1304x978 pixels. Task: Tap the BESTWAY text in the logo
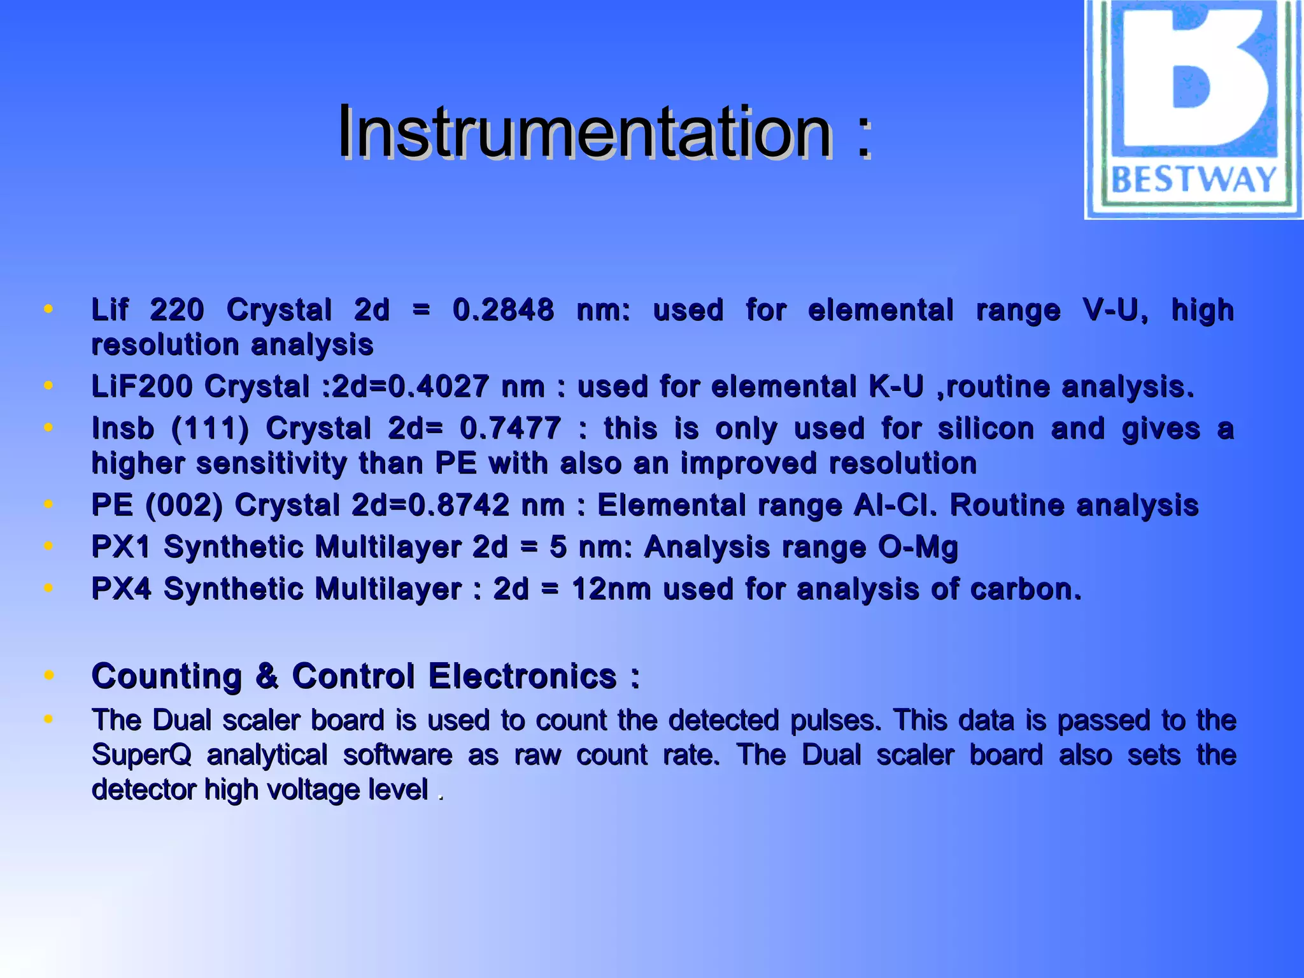tap(1193, 180)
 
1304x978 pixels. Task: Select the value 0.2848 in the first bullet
tap(503, 310)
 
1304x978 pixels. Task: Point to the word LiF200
tap(141, 386)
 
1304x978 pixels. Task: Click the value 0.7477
tap(510, 429)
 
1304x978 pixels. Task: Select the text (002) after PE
tap(184, 506)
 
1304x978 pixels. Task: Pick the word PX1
tap(121, 547)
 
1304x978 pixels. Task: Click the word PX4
tap(121, 589)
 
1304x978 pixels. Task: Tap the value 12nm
tap(611, 589)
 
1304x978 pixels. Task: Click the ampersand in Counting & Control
tap(267, 676)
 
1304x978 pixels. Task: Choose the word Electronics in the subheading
tap(522, 676)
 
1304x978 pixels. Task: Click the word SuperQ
tap(141, 756)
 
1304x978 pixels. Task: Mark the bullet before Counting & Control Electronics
tap(48, 675)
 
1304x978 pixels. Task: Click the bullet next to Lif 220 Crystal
tap(48, 309)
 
